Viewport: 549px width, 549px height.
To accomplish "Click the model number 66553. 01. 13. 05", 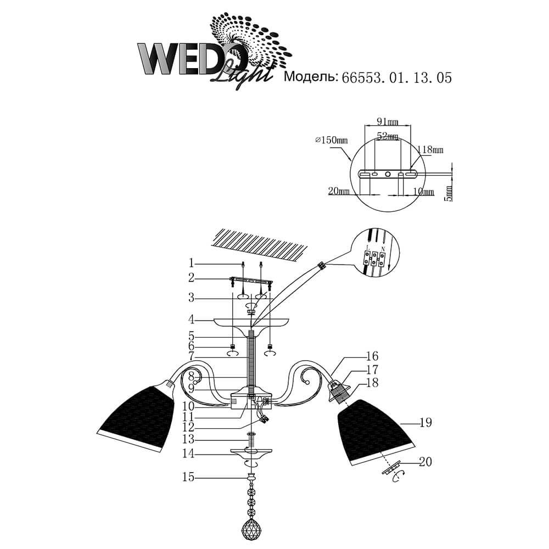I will click(x=396, y=78).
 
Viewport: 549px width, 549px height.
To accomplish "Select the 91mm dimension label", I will click(x=388, y=121).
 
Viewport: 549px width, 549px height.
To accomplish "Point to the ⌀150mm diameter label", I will click(x=332, y=141).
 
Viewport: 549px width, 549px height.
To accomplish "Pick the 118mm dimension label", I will click(x=431, y=149).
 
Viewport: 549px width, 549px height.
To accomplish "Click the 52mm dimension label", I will click(x=388, y=136).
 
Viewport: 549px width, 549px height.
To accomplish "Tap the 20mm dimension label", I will click(x=340, y=191).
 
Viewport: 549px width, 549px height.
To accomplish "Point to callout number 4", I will click(x=192, y=319).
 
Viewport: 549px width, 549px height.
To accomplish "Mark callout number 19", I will click(x=425, y=423).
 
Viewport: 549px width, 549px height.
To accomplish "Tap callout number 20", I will click(x=425, y=462).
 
